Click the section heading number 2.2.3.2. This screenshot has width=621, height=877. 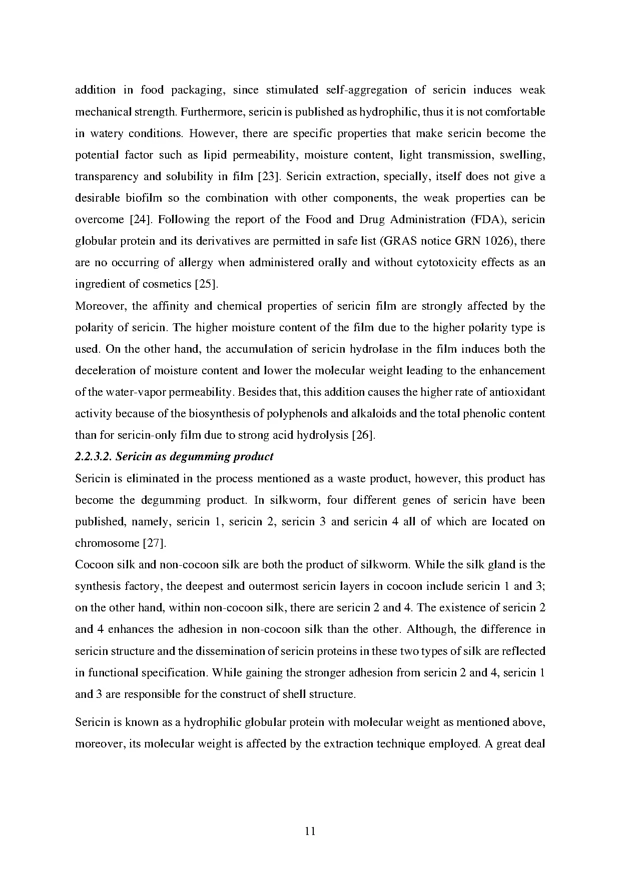coord(93,457)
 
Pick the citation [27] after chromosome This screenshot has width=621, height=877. coord(154,543)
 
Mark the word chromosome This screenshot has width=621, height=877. coord(107,543)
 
